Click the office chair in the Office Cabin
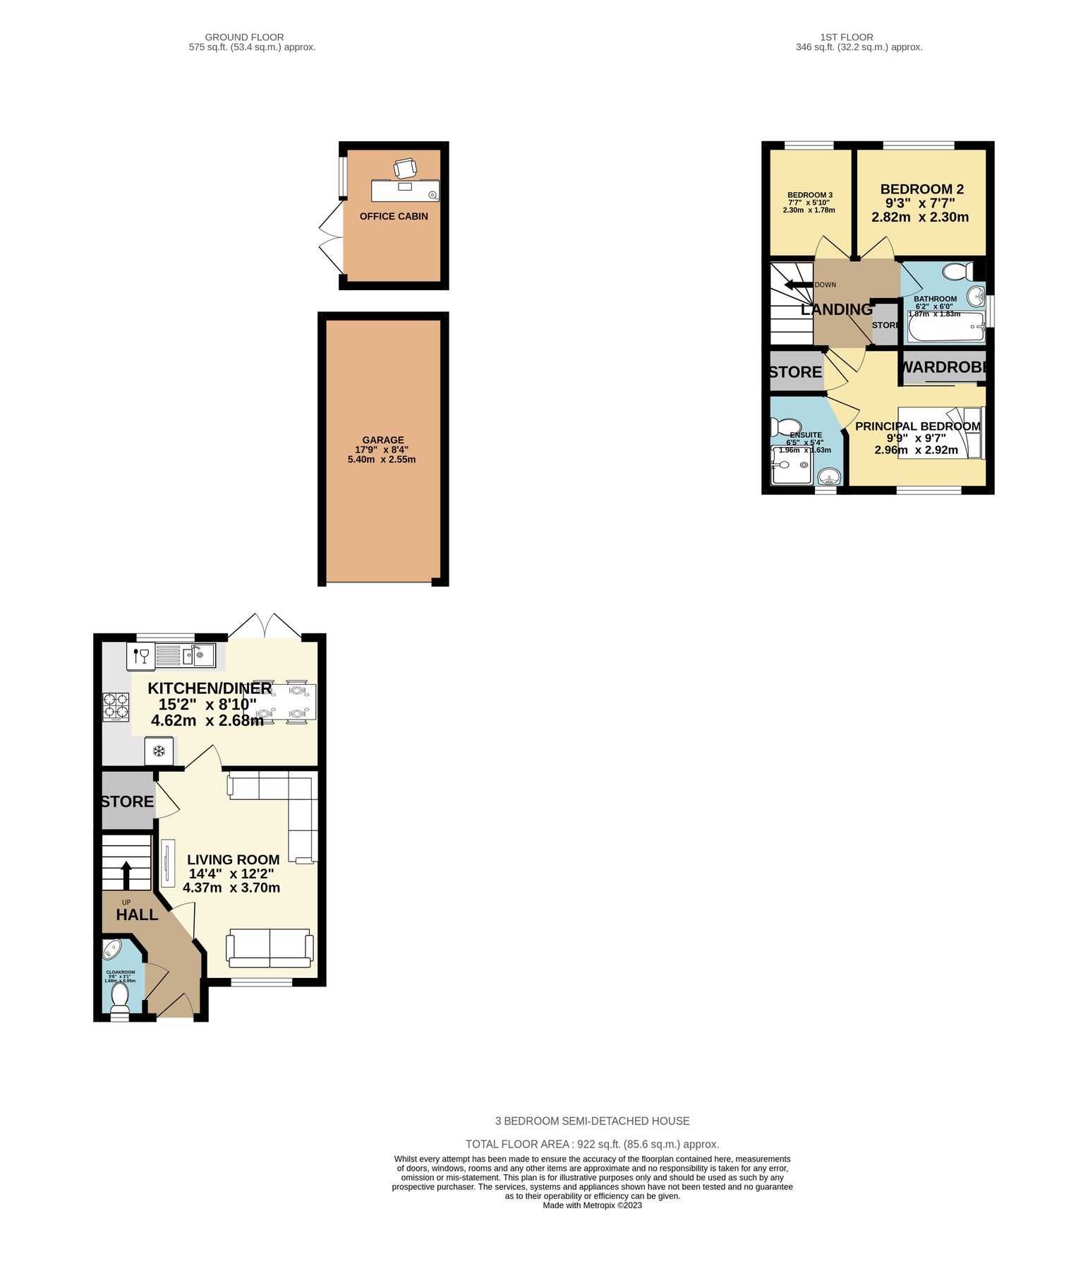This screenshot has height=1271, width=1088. [x=405, y=168]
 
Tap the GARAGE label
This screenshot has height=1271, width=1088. [x=383, y=440]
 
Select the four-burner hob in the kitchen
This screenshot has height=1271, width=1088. [x=117, y=706]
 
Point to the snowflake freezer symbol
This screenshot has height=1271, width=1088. [x=159, y=751]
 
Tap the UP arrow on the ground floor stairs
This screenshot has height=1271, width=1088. [x=126, y=874]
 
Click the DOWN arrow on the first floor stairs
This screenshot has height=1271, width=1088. [x=798, y=285]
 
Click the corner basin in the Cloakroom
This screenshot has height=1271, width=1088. [x=112, y=950]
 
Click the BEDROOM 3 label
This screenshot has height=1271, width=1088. [x=809, y=195]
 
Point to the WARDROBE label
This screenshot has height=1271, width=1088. [x=943, y=367]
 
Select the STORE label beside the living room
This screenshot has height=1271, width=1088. [x=127, y=801]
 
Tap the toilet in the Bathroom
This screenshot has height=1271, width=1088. [x=957, y=272]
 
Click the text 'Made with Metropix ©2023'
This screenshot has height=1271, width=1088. [x=592, y=1205]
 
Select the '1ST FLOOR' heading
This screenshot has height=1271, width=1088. [x=846, y=37]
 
